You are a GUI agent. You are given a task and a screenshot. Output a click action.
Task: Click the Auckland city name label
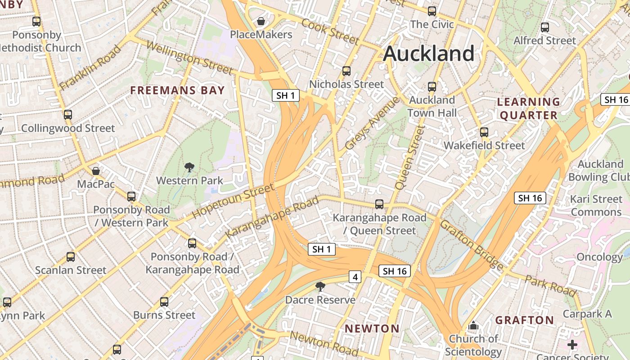coord(428,54)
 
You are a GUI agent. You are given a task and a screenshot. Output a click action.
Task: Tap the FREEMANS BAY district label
coord(177,90)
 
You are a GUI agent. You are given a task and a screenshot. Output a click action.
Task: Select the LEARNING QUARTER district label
coord(529,108)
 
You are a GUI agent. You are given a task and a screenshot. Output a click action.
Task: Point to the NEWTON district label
coord(372,328)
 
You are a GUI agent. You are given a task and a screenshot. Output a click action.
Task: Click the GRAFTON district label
coord(525,320)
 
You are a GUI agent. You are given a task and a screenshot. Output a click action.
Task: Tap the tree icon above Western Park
coord(189,168)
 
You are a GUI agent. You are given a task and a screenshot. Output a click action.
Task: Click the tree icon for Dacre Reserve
coord(320,287)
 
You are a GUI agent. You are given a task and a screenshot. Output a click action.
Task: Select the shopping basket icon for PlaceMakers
coord(261,21)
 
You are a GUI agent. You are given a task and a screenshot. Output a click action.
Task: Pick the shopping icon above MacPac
coord(96,171)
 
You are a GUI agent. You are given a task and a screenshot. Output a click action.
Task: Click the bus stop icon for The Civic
coord(432,11)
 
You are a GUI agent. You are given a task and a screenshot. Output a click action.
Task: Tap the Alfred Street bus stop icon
coord(545,27)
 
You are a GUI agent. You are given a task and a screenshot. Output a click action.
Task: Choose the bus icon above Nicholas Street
coord(346,71)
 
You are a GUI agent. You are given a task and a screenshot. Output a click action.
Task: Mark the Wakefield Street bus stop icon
coord(484,132)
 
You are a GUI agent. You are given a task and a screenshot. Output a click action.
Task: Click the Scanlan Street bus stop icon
coord(71,257)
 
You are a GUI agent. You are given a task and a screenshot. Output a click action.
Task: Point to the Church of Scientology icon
coord(473,325)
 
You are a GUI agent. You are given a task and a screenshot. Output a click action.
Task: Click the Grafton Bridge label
coord(471,245)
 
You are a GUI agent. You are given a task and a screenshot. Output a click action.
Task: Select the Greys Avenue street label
coord(372,123)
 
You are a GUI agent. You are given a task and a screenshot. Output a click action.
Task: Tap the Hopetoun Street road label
coord(233,201)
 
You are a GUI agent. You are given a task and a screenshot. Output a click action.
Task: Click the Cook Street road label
coord(330,32)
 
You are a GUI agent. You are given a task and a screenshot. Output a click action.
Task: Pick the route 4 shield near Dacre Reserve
coord(355,277)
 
